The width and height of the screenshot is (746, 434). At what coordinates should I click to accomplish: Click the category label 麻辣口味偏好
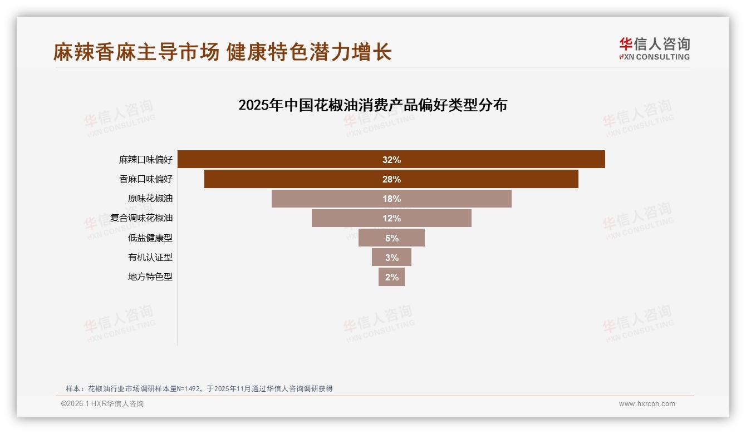(146, 160)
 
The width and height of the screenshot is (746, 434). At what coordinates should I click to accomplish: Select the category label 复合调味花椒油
(141, 218)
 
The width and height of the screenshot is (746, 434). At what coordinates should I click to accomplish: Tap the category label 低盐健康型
(150, 238)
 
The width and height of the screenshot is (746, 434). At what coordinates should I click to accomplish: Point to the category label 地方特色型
(150, 277)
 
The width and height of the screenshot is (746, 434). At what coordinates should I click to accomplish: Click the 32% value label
(391, 160)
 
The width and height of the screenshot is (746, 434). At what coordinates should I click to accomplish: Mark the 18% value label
(391, 199)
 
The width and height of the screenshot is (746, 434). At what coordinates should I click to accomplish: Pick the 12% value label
(391, 218)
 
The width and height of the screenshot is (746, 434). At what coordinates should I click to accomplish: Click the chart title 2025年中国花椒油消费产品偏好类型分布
(372, 105)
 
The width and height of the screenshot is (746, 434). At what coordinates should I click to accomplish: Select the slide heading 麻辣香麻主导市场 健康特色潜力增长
(223, 52)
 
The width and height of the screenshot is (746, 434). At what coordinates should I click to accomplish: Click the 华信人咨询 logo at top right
(654, 49)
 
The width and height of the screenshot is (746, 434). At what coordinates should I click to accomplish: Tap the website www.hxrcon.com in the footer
(647, 404)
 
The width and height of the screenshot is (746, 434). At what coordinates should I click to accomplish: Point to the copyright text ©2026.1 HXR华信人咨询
(102, 404)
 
